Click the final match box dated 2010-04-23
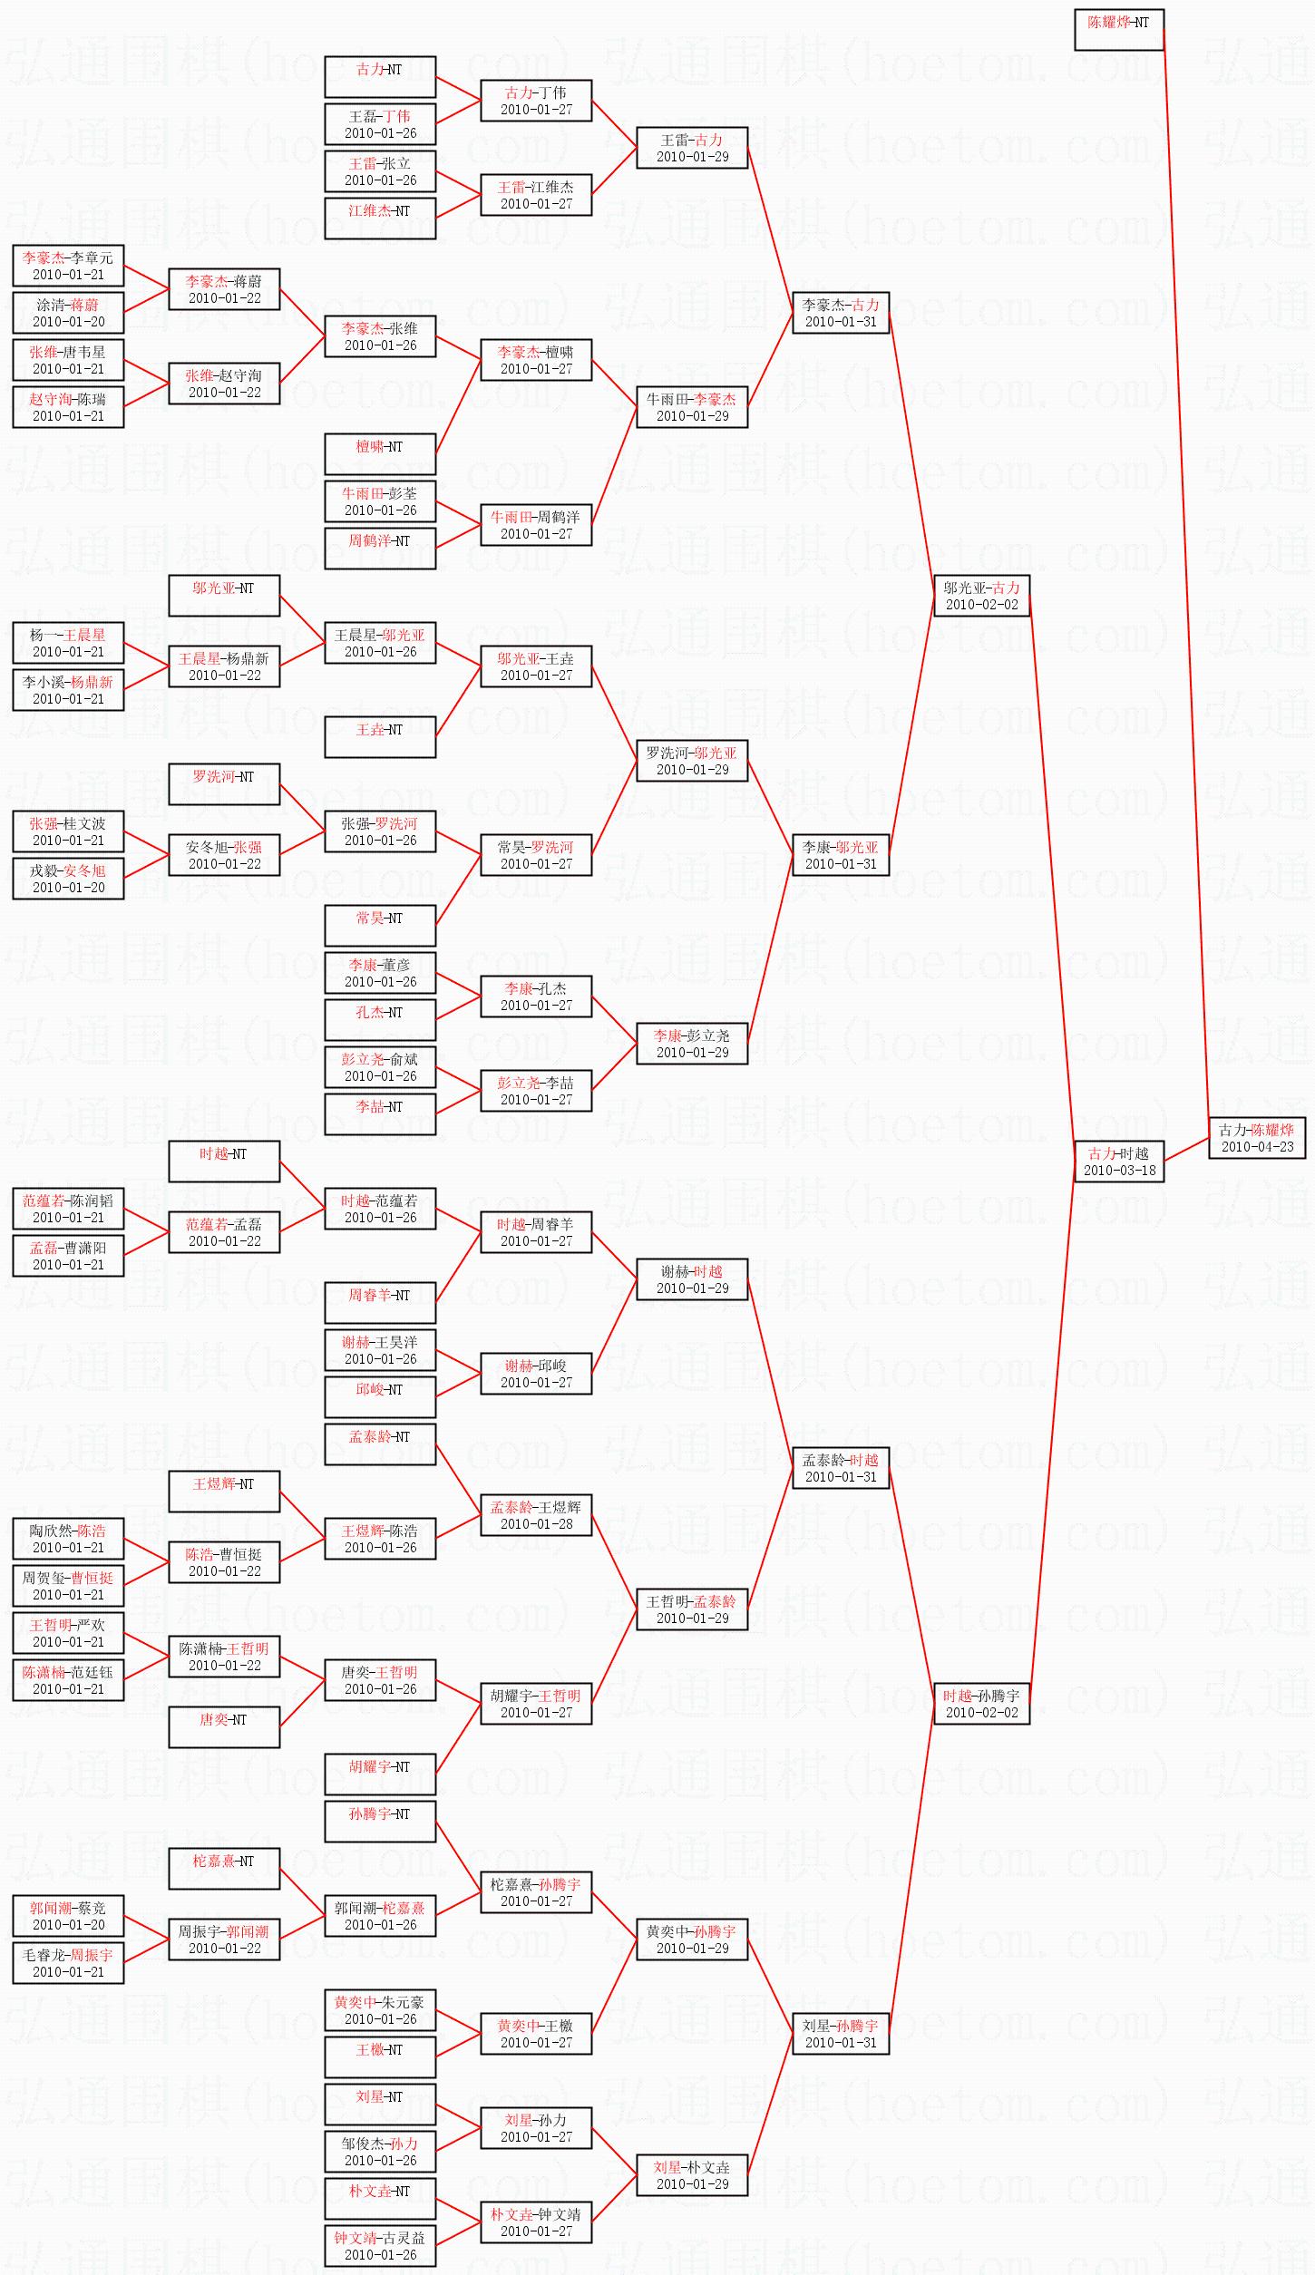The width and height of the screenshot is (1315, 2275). [1257, 1138]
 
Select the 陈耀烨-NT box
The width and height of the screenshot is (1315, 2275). [1119, 30]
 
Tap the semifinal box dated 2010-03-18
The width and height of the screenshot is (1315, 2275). [1119, 1162]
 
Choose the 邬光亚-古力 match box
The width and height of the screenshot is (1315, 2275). [981, 596]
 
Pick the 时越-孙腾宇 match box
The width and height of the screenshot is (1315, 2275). [981, 1704]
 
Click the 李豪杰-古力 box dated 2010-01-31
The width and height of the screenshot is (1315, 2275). [841, 313]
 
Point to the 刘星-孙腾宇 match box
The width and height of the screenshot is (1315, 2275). [841, 2034]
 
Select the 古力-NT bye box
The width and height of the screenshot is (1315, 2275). [380, 77]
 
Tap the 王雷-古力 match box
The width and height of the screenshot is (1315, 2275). [692, 148]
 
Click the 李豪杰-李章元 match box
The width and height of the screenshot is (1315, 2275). [68, 266]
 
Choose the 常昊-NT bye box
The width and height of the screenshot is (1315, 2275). [380, 926]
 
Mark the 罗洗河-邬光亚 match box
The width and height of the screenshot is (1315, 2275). [692, 761]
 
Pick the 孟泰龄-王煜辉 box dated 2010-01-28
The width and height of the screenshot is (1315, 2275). [536, 1515]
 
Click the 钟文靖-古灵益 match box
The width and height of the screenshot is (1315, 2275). [380, 2246]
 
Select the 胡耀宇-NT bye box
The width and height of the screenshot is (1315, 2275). [380, 1774]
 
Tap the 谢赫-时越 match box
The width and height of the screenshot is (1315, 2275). [692, 1279]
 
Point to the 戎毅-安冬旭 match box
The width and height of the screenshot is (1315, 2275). [68, 879]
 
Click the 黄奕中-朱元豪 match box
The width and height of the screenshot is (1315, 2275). [380, 2010]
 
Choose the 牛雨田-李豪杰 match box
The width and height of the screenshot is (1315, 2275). [692, 407]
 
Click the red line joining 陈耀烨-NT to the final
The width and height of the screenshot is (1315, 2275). [1186, 583]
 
